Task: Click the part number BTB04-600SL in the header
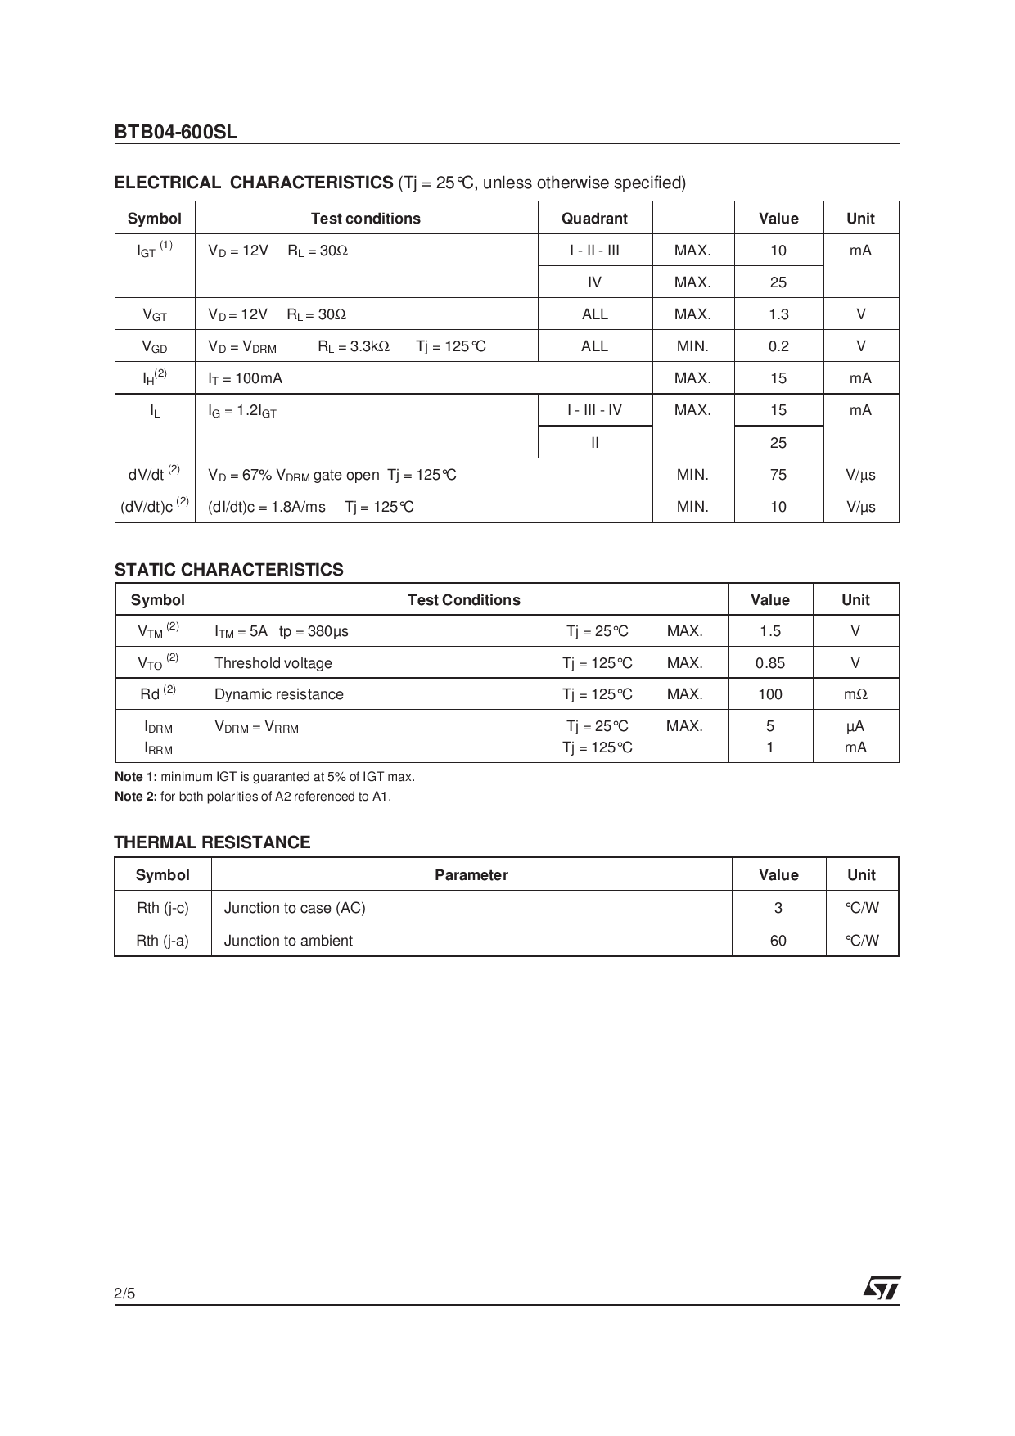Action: pos(175,132)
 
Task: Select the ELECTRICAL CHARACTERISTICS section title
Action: pos(254,183)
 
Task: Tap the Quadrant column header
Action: pos(594,219)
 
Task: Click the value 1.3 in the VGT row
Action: pos(778,314)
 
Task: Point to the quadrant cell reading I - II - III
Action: pos(594,251)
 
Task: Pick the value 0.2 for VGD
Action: pos(778,346)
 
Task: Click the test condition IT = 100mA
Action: pos(245,378)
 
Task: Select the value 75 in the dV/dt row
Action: pos(778,475)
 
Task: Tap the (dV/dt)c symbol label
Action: pos(154,506)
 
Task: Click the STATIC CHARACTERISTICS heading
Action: pos(228,570)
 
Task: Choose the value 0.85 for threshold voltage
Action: pos(769,663)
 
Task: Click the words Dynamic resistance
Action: pos(278,694)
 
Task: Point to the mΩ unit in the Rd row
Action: pos(855,694)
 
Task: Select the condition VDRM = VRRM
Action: pos(256,727)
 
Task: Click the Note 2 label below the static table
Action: pos(135,797)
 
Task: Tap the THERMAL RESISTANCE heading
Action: pos(212,842)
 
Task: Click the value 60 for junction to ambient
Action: pos(778,941)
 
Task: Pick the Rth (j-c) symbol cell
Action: pos(162,908)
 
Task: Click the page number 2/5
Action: pos(124,1294)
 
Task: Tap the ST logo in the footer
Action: pos(882,1288)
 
